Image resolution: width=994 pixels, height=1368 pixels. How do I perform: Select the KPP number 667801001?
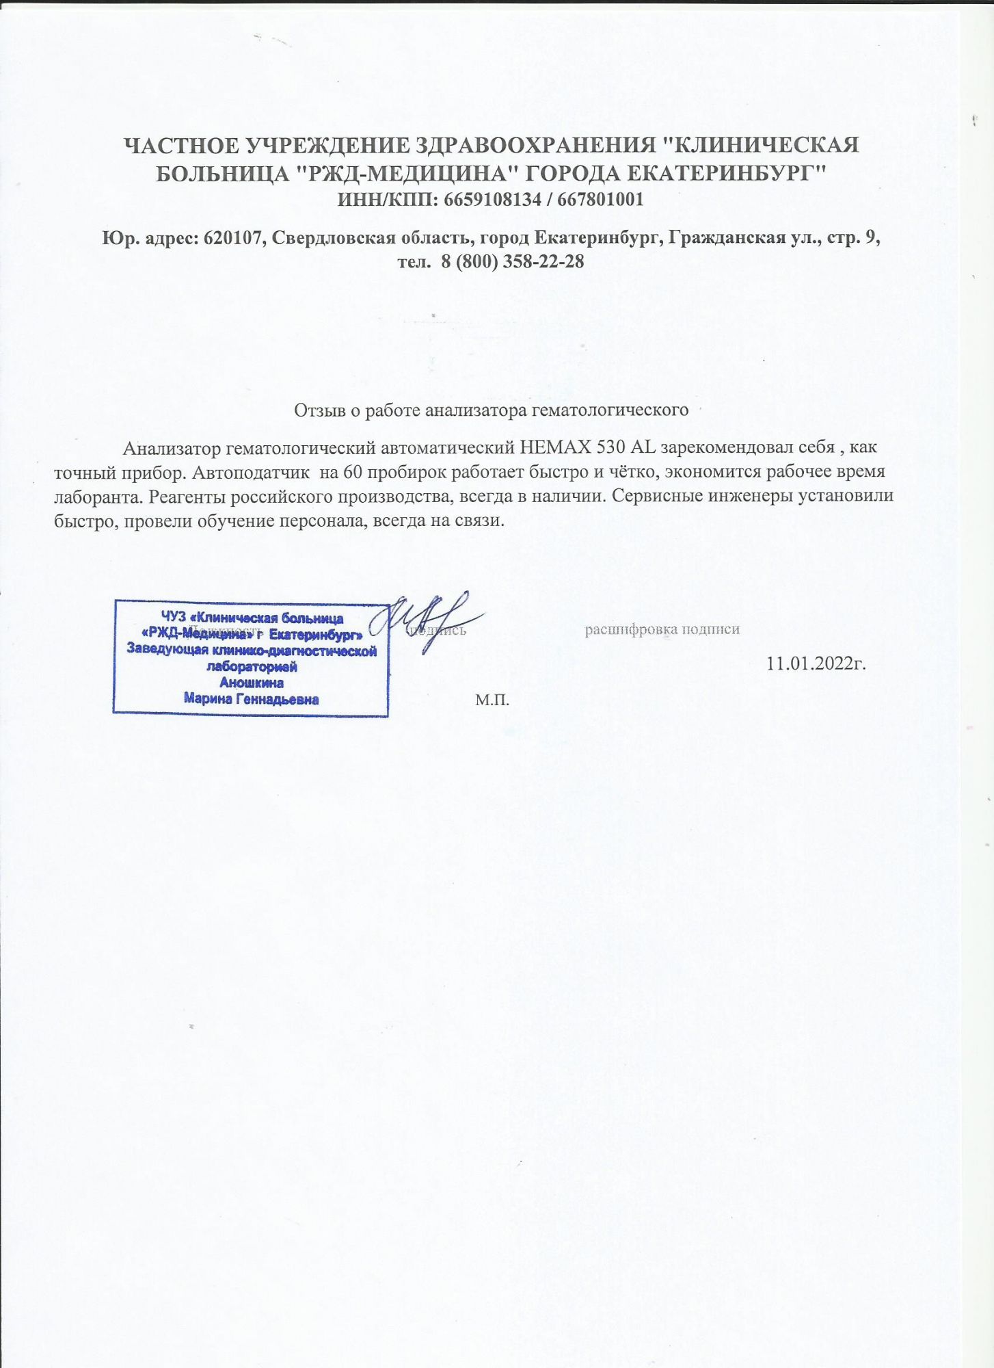click(600, 200)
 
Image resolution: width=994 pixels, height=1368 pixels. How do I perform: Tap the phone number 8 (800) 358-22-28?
click(512, 261)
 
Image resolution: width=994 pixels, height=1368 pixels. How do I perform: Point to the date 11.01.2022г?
click(816, 663)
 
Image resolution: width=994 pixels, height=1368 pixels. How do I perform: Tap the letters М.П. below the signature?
click(492, 700)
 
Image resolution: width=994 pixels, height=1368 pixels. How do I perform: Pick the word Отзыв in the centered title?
click(317, 410)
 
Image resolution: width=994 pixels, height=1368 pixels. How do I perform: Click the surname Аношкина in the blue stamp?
click(252, 683)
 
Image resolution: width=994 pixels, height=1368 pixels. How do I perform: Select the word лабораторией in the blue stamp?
click(252, 667)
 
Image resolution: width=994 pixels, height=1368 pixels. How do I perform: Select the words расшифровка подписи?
click(662, 629)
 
